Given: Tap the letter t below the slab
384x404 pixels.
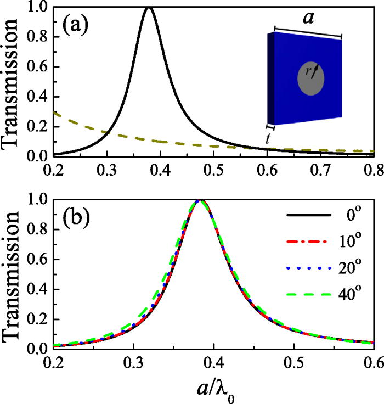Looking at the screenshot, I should coord(267,139).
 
